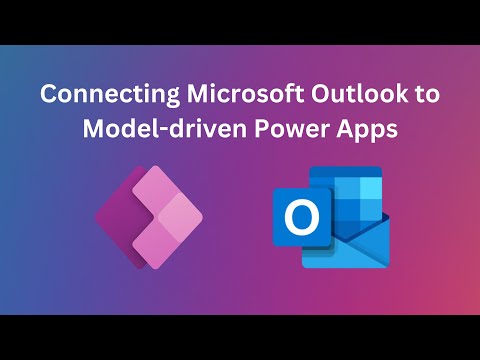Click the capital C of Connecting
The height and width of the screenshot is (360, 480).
click(48, 95)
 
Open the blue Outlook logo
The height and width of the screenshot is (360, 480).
click(330, 214)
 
